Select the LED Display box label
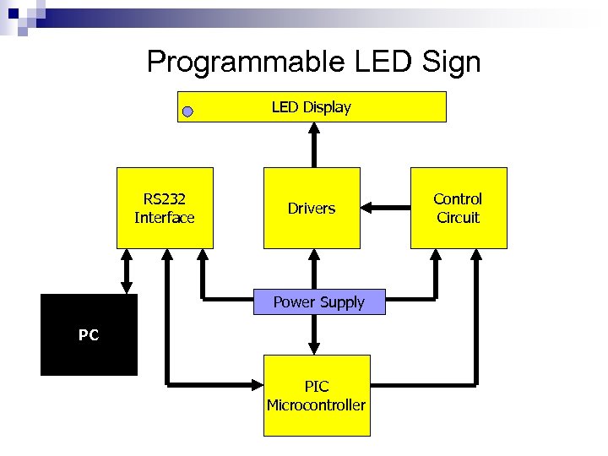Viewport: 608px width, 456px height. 311,107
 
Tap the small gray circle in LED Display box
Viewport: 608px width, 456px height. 188,111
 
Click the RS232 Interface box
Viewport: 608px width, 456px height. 165,209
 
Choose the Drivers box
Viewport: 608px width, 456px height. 312,209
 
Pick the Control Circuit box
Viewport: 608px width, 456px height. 459,209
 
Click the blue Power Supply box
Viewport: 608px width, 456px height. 319,302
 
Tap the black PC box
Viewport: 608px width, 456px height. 89,334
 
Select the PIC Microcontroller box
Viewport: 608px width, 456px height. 317,395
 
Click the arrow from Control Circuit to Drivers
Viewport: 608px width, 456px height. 385,208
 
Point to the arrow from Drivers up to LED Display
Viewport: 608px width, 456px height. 313,144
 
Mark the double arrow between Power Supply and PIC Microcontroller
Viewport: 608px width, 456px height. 314,334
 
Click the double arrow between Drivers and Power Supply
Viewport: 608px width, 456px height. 313,270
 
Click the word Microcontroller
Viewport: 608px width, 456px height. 317,405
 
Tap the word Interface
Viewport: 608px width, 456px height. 165,218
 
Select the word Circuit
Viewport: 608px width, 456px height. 459,218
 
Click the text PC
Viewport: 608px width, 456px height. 89,335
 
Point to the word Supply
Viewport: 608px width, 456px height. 341,302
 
